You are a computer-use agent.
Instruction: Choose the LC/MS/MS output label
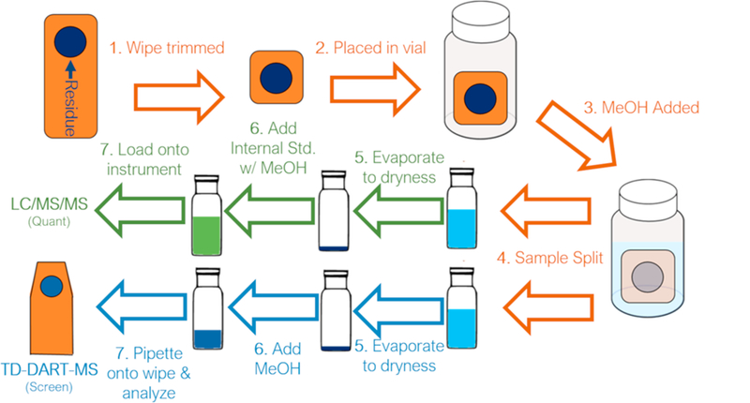pyautogui.click(x=49, y=203)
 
